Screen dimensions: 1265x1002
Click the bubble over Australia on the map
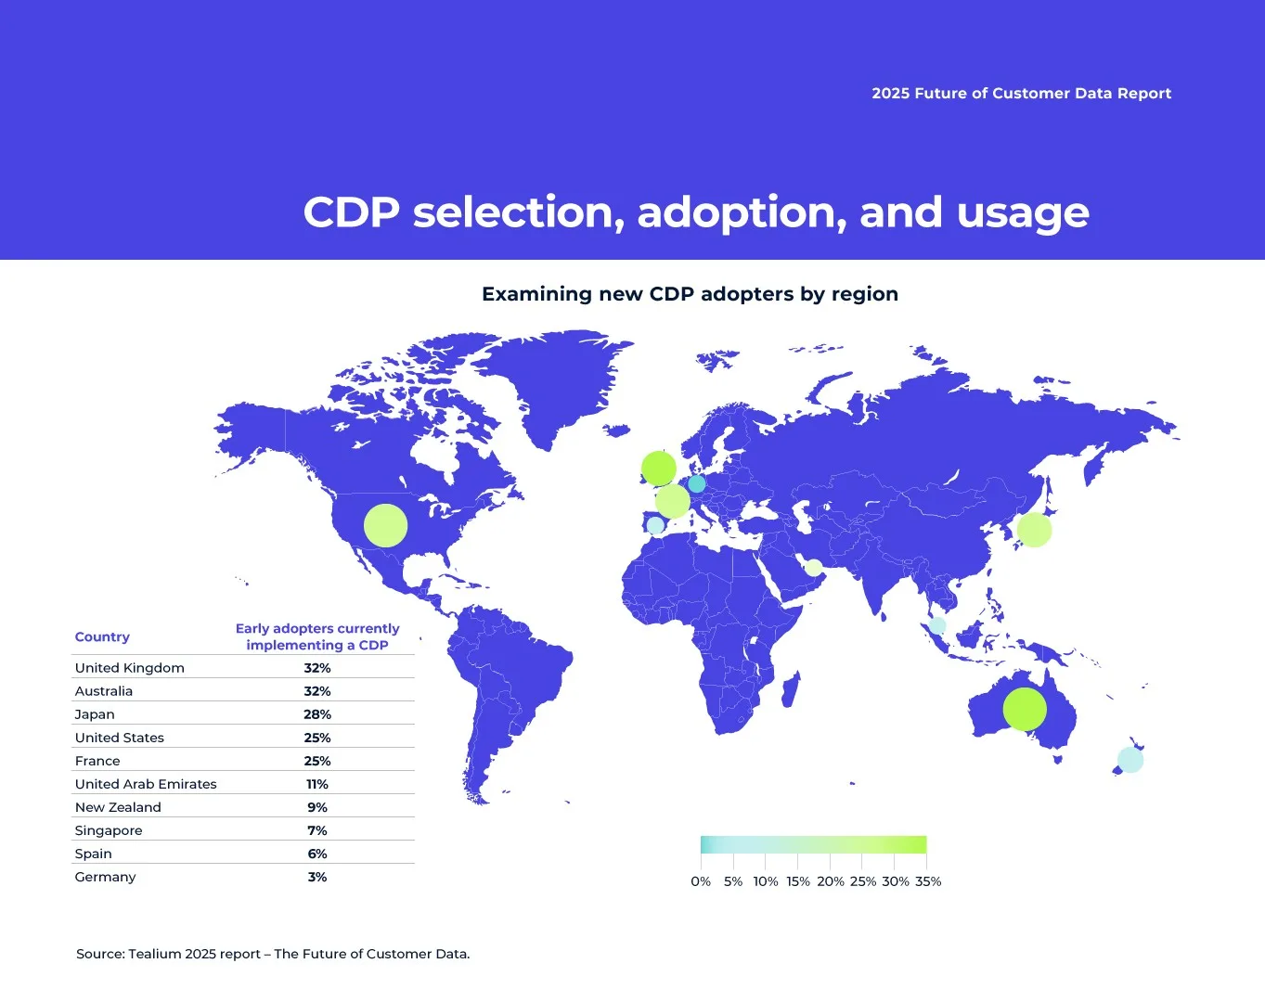1025,709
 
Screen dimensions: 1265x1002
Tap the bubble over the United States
385,525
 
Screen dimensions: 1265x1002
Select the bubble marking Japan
1034,530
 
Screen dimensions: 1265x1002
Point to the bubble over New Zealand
1129,760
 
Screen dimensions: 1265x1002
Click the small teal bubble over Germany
697,483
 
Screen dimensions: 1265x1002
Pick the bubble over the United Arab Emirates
814,568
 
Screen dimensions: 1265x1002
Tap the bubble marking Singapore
937,625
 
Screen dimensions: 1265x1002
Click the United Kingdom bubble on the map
658,469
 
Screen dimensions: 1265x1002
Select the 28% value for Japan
317,714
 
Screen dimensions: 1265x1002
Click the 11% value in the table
317,784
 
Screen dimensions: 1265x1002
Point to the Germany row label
105,877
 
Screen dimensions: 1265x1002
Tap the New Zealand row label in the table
118,807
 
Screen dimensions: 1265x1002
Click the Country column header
102,636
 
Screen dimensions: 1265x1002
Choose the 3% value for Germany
317,877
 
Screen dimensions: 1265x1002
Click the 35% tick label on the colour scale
928,881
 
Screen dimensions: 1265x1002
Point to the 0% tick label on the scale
701,881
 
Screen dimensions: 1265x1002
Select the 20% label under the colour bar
831,881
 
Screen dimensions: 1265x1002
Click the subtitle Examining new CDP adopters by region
691,294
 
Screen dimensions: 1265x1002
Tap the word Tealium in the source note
155,954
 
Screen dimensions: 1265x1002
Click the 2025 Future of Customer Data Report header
1022,94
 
